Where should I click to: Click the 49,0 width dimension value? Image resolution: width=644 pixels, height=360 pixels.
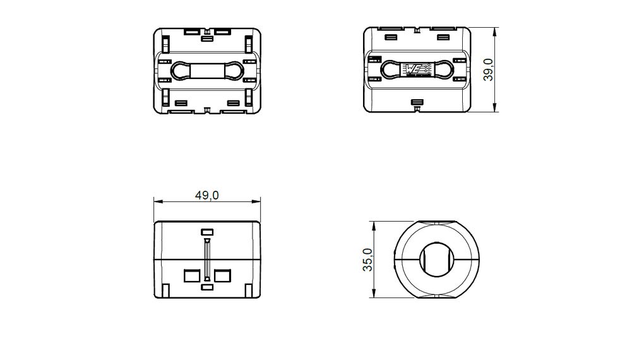pos(206,195)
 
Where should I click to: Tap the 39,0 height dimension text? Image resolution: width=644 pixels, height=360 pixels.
pos(488,69)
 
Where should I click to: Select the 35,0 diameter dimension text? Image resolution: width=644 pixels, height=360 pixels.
pos(367,260)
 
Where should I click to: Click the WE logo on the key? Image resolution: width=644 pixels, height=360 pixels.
pos(417,70)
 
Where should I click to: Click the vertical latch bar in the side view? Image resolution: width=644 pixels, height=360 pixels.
pos(207,260)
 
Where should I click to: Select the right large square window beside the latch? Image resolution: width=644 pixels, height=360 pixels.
pos(223,276)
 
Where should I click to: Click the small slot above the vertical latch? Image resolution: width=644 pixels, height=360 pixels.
pos(207,232)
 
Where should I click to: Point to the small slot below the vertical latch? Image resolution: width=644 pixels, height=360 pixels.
pos(207,288)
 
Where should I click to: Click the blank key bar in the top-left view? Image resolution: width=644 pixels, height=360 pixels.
pos(207,70)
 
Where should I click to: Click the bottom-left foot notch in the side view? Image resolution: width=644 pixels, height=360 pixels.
pos(165,291)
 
